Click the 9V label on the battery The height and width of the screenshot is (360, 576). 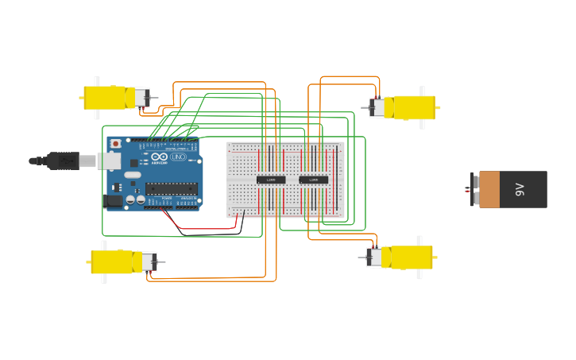pyautogui.click(x=520, y=189)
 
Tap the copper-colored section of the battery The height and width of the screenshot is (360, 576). pyautogui.click(x=489, y=189)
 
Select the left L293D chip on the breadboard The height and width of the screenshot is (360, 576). pyautogui.click(x=271, y=180)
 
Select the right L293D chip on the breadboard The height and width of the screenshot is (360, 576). pyautogui.click(x=314, y=180)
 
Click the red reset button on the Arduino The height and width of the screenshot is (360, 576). pyautogui.click(x=116, y=144)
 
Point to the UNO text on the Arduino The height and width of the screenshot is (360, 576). pyautogui.click(x=178, y=157)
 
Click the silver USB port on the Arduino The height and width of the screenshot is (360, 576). pyautogui.click(x=109, y=161)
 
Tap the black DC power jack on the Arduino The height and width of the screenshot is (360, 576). pyautogui.click(x=114, y=201)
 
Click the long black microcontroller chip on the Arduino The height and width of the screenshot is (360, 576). pyautogui.click(x=171, y=188)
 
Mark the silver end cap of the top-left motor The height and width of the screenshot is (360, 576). pyautogui.click(x=141, y=98)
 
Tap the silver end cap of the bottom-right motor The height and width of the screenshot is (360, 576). pyautogui.click(x=374, y=257)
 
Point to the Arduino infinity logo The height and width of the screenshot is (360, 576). pyautogui.click(x=161, y=157)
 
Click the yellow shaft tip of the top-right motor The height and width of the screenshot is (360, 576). pyautogui.click(x=438, y=107)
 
